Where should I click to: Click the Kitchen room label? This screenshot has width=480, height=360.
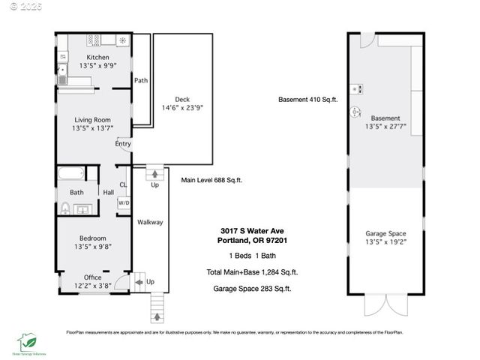pyautogui.click(x=97, y=57)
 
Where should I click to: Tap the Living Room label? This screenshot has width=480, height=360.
pyautogui.click(x=91, y=119)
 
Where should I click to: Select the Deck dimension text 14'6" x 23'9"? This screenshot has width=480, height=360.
pyautogui.click(x=183, y=108)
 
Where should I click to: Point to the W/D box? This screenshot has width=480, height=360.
pyautogui.click(x=124, y=202)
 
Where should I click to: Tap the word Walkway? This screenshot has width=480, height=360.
pyautogui.click(x=150, y=222)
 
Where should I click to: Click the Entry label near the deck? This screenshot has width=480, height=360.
pyautogui.click(x=124, y=144)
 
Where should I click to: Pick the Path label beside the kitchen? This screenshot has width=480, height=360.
pyautogui.click(x=141, y=80)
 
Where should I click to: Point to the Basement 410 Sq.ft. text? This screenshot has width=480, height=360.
pyautogui.click(x=307, y=99)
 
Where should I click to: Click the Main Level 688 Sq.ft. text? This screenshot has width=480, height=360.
pyautogui.click(x=211, y=180)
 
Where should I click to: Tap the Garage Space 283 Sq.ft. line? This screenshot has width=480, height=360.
pyautogui.click(x=252, y=288)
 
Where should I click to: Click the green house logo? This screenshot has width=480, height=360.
pyautogui.click(x=27, y=342)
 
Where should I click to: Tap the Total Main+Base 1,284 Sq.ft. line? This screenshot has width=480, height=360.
pyautogui.click(x=252, y=272)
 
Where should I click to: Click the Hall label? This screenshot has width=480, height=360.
pyautogui.click(x=108, y=192)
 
